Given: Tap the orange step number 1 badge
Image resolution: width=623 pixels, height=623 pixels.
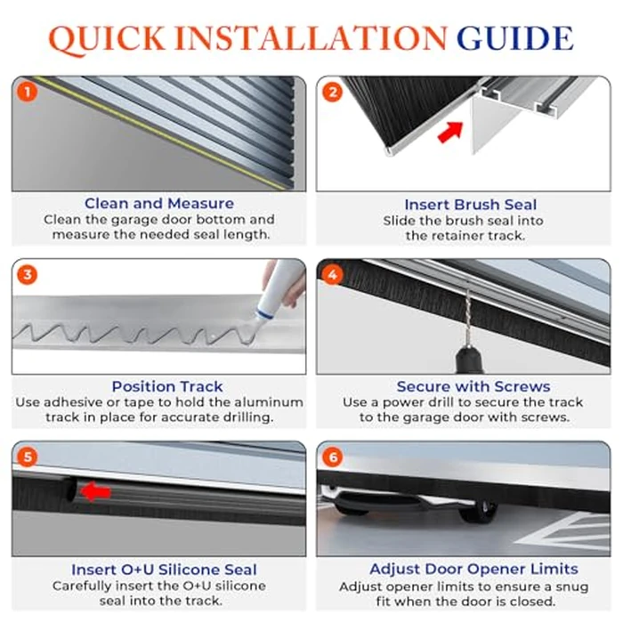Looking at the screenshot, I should coord(28,92).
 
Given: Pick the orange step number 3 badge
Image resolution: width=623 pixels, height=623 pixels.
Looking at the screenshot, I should coord(28,275).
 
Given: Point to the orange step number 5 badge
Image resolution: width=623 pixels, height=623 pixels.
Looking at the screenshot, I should coord(28,457).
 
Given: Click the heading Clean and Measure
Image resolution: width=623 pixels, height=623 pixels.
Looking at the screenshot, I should coord(159,204).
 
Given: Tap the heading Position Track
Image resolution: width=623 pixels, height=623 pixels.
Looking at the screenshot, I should coord(167,386).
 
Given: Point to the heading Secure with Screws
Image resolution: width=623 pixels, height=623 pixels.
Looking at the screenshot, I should coord(473,386).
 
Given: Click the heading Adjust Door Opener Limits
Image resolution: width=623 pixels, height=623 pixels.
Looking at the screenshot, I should coord(473,569).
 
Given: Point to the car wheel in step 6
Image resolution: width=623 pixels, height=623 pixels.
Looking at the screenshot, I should coord(484,511).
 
